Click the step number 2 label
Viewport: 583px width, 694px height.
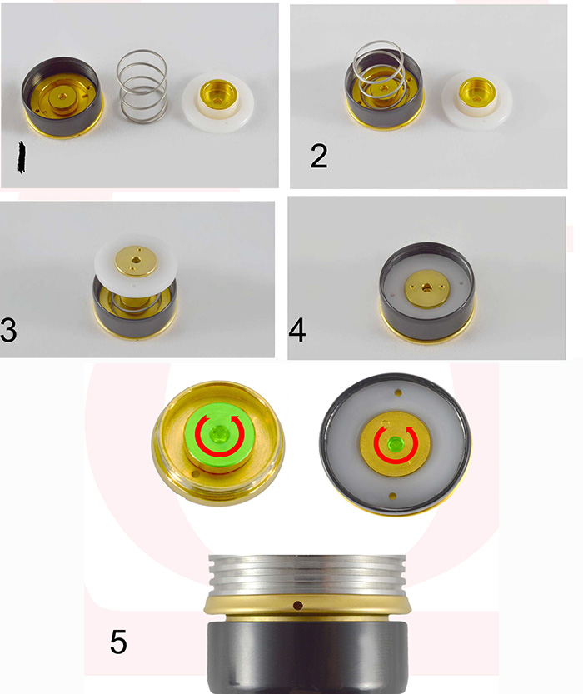click(x=319, y=156)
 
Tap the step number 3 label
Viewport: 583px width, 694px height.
click(x=8, y=330)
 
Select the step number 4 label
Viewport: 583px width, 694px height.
click(x=296, y=330)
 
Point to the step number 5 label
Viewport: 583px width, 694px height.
click(x=118, y=642)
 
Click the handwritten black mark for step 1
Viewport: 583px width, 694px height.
click(x=21, y=157)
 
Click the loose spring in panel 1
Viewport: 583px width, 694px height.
click(x=142, y=87)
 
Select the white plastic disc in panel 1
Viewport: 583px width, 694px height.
click(x=217, y=102)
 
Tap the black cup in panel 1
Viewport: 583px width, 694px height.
click(x=63, y=97)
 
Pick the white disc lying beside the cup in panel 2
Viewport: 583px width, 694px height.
click(x=477, y=101)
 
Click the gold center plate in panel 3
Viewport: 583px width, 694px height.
click(x=136, y=261)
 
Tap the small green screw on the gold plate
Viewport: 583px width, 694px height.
click(x=394, y=443)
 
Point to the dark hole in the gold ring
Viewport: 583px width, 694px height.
click(x=298, y=605)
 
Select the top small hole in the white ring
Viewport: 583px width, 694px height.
click(x=399, y=392)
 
